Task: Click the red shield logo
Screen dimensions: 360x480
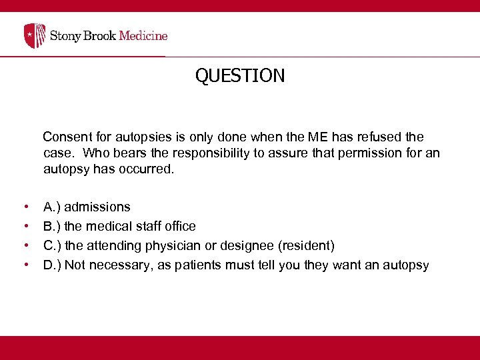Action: [x=35, y=35]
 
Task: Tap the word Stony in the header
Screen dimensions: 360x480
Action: [x=66, y=35]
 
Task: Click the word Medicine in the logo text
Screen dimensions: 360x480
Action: [x=143, y=35]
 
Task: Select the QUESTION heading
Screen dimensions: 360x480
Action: [x=240, y=76]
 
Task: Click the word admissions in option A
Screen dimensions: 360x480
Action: [x=97, y=207]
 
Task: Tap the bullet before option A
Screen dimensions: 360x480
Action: [x=25, y=207]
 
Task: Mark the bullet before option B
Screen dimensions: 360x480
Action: [x=25, y=227]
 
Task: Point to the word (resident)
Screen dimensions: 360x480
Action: [x=307, y=246]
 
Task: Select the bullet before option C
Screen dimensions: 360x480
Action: [x=25, y=246]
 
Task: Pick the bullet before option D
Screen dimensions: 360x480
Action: [x=25, y=265]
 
